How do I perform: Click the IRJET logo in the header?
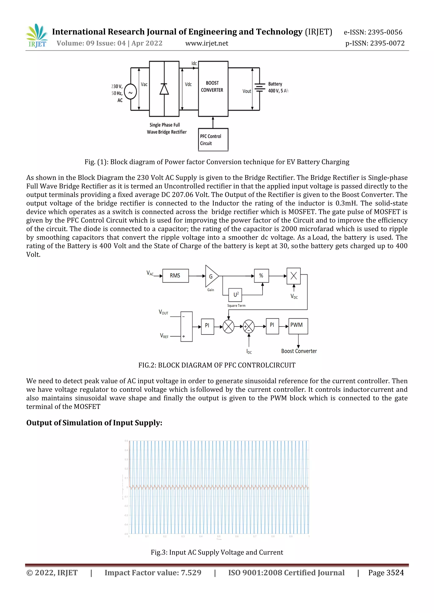(37, 36)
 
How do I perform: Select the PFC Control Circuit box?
(213, 140)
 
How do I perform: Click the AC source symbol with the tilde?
(130, 92)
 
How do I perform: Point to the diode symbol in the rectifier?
(164, 89)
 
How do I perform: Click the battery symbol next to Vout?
(260, 88)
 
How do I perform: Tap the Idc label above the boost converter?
(194, 64)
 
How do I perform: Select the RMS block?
(175, 276)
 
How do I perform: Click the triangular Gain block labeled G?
(211, 276)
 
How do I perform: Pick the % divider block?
(261, 276)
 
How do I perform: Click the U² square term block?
(235, 295)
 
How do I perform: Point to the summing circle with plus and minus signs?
(249, 327)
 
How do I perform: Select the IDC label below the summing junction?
(249, 352)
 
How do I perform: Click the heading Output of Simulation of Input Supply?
(94, 423)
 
